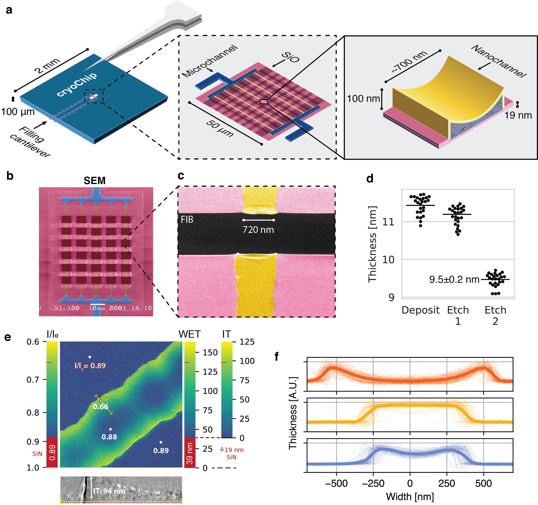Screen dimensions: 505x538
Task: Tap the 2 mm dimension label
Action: pos(47,66)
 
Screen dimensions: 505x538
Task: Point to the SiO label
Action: pos(290,57)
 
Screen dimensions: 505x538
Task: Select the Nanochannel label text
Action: pos(499,61)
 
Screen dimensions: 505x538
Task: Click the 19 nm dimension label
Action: pos(518,115)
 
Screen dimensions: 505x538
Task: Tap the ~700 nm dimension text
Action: pos(410,62)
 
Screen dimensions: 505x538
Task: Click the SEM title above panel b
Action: pos(94,180)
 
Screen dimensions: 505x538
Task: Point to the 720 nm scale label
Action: pos(258,230)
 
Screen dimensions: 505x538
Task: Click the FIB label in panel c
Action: pos(187,219)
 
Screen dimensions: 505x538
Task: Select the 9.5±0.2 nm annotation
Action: pos(454,279)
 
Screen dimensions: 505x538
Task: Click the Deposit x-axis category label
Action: pos(420,310)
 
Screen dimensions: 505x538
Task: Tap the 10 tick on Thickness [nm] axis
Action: pos(388,260)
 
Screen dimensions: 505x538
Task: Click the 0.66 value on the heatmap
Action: pos(100,407)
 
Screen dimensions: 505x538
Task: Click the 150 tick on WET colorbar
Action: pos(210,352)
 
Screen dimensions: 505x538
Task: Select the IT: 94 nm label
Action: pos(109,491)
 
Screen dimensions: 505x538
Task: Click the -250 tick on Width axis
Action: pos(373,483)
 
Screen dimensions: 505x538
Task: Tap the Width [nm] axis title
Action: pos(410,497)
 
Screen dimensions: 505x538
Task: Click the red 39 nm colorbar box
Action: pos(190,453)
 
